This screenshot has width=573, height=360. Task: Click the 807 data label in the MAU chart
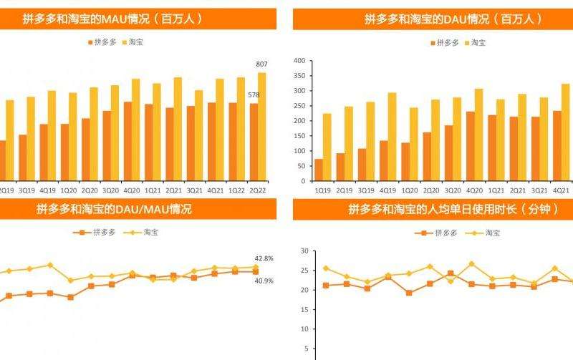[x=261, y=64]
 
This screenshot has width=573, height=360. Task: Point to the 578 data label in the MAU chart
[x=254, y=95]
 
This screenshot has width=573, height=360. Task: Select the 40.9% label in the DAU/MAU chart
[x=264, y=281]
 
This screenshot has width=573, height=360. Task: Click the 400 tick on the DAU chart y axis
[x=299, y=61]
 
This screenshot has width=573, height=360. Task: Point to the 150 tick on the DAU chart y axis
[x=299, y=136]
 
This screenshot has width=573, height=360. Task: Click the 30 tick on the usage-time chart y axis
[x=304, y=251]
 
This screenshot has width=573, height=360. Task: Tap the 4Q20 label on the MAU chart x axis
[x=132, y=190]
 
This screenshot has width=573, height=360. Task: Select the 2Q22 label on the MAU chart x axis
[x=258, y=190]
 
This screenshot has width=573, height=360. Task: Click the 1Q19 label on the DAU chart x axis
[x=323, y=190]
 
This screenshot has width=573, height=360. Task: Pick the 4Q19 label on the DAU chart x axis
[x=387, y=190]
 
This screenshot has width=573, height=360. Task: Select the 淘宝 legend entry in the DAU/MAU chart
[x=151, y=233]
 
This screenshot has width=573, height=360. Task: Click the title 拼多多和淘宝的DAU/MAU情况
[x=114, y=210]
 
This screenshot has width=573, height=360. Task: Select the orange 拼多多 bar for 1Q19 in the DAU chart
[x=319, y=170]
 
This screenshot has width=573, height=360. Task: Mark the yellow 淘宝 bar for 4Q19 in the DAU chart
[x=392, y=136]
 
